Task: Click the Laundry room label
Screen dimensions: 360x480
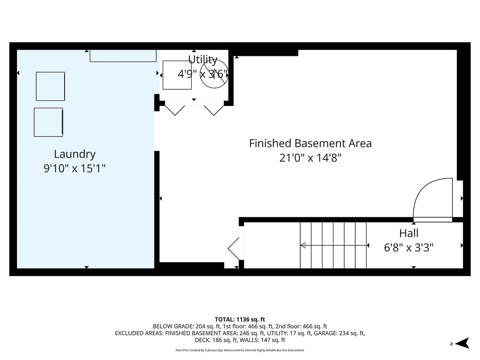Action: (x=75, y=154)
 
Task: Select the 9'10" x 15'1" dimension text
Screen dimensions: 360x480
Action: (x=75, y=168)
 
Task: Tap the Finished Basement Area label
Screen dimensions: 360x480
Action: (x=310, y=143)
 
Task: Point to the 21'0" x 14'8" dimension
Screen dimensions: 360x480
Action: (x=310, y=158)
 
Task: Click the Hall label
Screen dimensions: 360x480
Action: (x=409, y=233)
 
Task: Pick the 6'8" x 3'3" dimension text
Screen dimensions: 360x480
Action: (x=409, y=248)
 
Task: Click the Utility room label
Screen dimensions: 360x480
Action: (x=202, y=59)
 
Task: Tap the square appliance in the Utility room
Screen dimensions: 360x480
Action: (x=177, y=75)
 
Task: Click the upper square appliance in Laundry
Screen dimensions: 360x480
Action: (x=50, y=86)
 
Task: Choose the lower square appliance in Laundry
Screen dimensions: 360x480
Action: (x=48, y=122)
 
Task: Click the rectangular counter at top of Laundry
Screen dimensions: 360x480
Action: (x=123, y=56)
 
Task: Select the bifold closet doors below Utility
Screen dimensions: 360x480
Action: (x=195, y=108)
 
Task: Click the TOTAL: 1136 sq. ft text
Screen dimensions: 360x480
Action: (x=240, y=319)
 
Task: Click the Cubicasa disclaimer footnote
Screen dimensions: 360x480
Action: (x=240, y=350)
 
